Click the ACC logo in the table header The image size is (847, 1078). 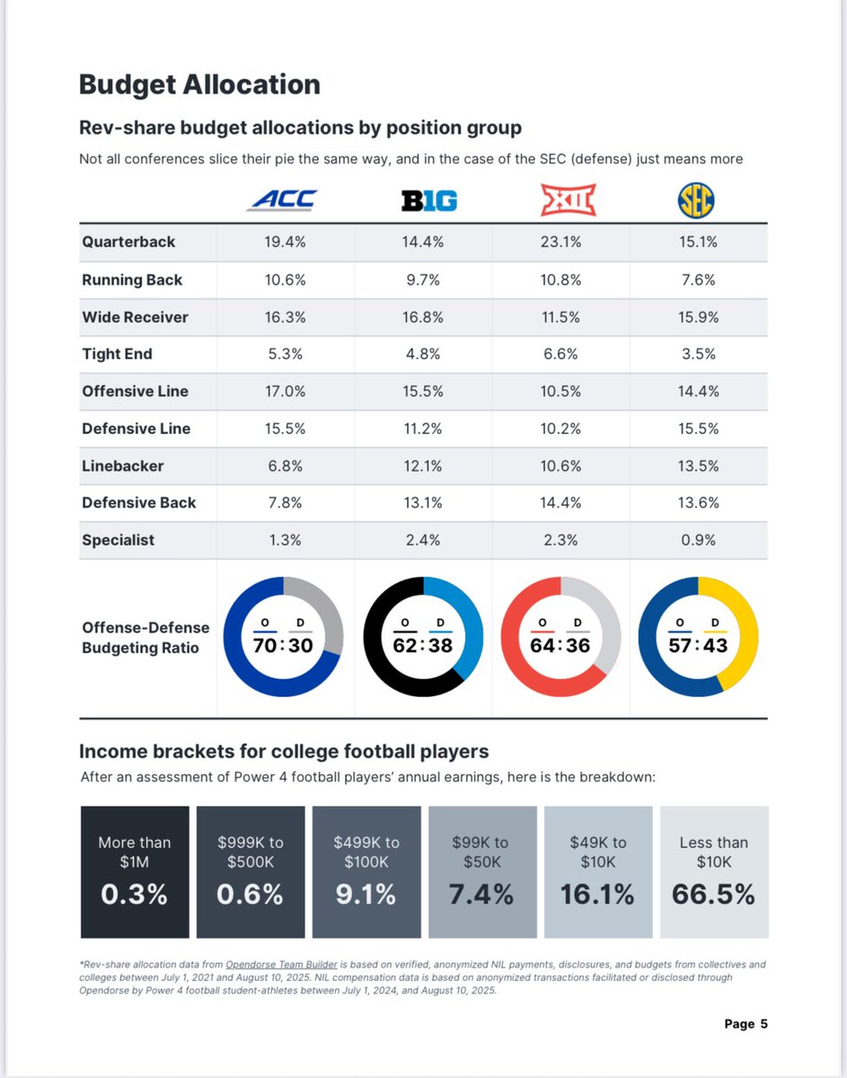point(282,199)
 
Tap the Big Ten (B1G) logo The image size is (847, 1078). point(428,201)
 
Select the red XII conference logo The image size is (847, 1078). point(568,199)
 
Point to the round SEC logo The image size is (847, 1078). point(696,201)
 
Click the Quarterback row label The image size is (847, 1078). point(128,242)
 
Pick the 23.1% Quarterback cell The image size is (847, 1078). point(560,242)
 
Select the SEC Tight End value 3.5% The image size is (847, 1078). point(698,354)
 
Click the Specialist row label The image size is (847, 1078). point(118,540)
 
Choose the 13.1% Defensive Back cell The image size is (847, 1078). point(422,503)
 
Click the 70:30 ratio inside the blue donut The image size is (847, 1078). point(283,645)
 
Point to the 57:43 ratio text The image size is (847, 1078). point(698,645)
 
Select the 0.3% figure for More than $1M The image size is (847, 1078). point(135,895)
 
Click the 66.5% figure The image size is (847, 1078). point(713,895)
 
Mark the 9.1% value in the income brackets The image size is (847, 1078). point(366,895)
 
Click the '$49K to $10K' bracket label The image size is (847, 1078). point(597,852)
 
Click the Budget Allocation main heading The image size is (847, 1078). point(199,84)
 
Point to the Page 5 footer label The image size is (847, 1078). point(745,1023)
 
